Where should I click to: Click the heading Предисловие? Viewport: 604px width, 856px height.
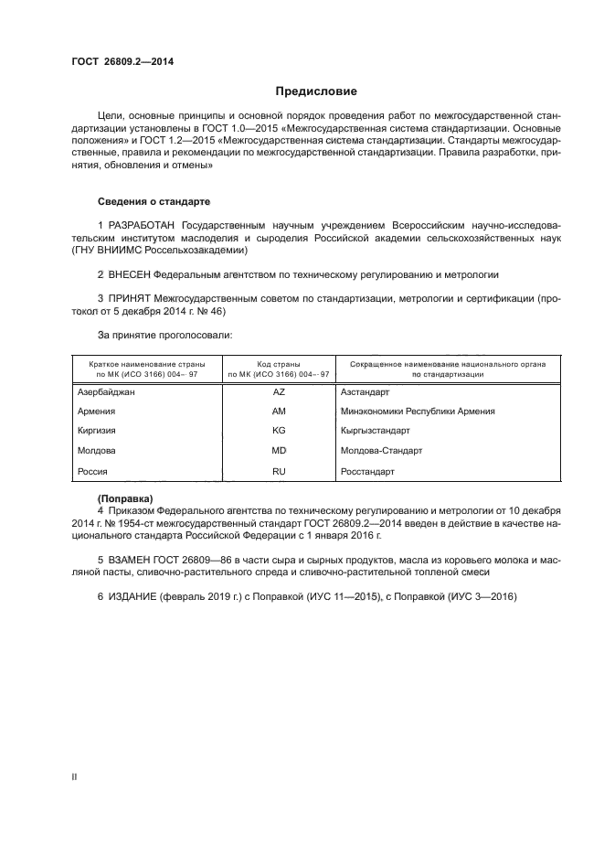[x=317, y=91]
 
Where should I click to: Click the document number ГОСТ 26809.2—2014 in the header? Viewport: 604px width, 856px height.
[x=122, y=62]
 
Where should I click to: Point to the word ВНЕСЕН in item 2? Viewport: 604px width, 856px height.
[x=129, y=273]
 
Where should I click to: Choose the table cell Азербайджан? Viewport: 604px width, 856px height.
[x=107, y=391]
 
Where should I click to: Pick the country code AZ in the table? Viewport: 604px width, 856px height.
[x=279, y=391]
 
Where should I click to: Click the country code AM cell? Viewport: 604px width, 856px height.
[x=279, y=411]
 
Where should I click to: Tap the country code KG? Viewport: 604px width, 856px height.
[x=279, y=431]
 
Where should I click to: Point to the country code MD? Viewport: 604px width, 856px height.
[x=279, y=451]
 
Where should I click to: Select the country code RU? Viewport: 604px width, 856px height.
[x=279, y=471]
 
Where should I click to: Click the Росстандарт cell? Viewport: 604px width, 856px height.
[x=367, y=471]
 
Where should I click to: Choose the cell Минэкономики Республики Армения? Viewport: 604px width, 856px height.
[x=418, y=411]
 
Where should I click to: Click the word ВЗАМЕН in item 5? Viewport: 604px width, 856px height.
[x=131, y=558]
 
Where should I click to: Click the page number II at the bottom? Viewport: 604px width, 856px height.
[x=74, y=776]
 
